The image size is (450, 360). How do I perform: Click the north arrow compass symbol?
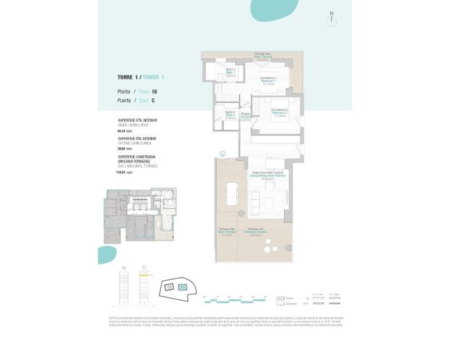click(x=331, y=18)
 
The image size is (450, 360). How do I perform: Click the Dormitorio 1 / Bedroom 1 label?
click(x=269, y=81)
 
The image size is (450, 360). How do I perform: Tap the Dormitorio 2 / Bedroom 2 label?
click(x=280, y=113)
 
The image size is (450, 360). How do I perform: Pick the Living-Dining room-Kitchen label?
click(x=269, y=175)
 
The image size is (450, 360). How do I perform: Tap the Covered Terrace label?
click(x=256, y=234)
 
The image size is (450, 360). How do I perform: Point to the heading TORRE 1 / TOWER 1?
click(x=140, y=78)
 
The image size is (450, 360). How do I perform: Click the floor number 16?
click(x=154, y=91)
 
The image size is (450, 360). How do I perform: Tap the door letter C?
click(x=153, y=100)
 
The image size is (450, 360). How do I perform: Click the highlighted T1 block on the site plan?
click(x=183, y=288)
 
